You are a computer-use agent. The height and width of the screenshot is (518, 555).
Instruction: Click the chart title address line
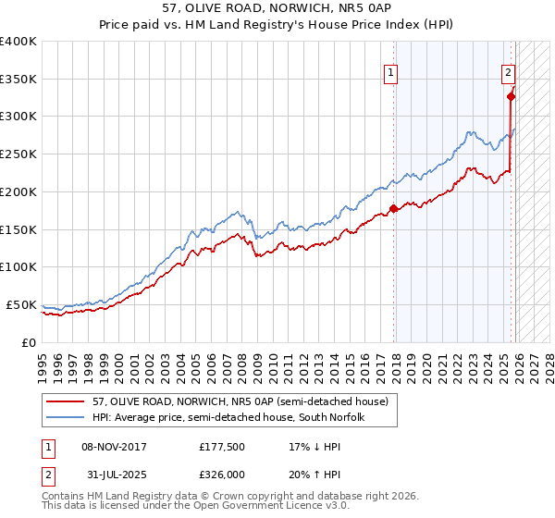[x=277, y=7]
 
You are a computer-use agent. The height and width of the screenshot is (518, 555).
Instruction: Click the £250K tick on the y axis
[x=18, y=154]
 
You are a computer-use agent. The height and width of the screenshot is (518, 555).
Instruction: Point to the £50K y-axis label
[x=21, y=304]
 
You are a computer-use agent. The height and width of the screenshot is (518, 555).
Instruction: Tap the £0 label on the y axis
[x=30, y=342]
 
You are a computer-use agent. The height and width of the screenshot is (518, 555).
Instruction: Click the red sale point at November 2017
[x=394, y=208]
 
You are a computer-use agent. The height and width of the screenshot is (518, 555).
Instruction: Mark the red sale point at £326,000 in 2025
[x=512, y=95]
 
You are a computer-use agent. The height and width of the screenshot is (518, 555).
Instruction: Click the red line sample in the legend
[x=65, y=401]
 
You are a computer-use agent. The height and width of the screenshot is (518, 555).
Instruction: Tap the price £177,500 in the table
[x=223, y=447]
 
